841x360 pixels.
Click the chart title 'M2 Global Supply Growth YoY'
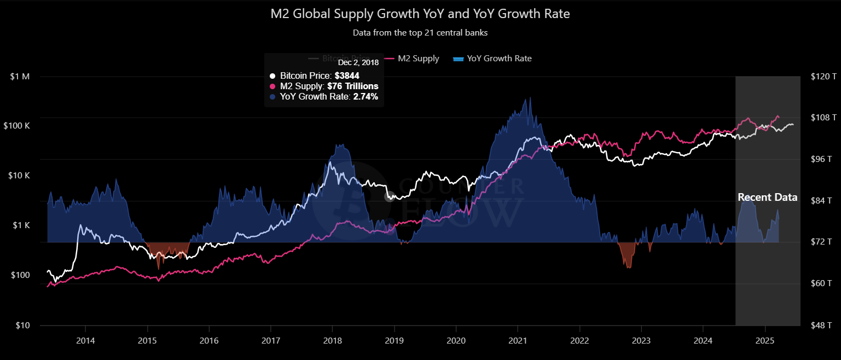pos(420,14)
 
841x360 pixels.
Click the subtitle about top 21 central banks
pos(420,33)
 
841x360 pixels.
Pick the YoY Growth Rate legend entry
pos(492,59)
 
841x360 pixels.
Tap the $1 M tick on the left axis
pos(20,77)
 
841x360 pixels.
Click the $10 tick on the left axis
pos(22,326)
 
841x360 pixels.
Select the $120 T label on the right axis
pos(823,77)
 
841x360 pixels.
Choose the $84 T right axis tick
pos(822,201)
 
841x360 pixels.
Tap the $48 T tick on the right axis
pos(822,326)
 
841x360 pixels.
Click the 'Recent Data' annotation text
pos(767,198)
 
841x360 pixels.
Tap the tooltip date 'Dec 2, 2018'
pos(358,63)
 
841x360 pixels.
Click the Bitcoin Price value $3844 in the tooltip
pos(347,76)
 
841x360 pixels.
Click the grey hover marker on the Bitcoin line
pos(390,197)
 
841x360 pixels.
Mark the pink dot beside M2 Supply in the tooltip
pos(273,86)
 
